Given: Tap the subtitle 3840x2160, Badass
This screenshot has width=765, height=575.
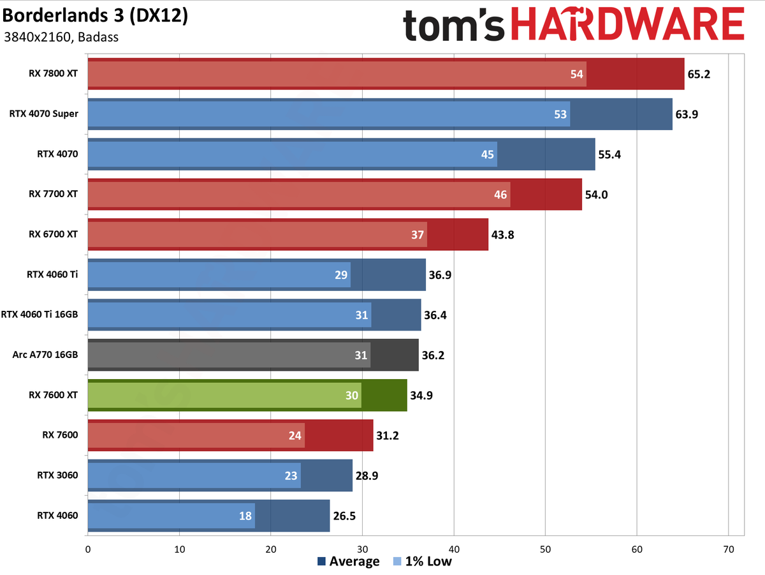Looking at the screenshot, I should (61, 36).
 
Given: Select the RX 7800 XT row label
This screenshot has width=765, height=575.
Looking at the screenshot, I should (53, 73).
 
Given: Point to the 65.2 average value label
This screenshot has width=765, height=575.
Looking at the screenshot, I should (699, 74).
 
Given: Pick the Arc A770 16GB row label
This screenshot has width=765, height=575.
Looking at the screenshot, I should (45, 354).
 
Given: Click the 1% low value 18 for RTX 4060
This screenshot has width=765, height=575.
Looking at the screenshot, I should (245, 516).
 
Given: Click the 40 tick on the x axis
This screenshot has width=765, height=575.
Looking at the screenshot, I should (454, 549).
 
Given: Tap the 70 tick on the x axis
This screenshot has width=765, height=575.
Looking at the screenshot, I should (729, 549).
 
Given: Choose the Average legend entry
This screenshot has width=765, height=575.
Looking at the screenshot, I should (348, 562).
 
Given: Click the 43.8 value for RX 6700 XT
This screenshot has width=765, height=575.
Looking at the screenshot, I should (502, 234).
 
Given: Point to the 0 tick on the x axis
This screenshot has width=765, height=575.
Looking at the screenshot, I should (87, 549).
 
